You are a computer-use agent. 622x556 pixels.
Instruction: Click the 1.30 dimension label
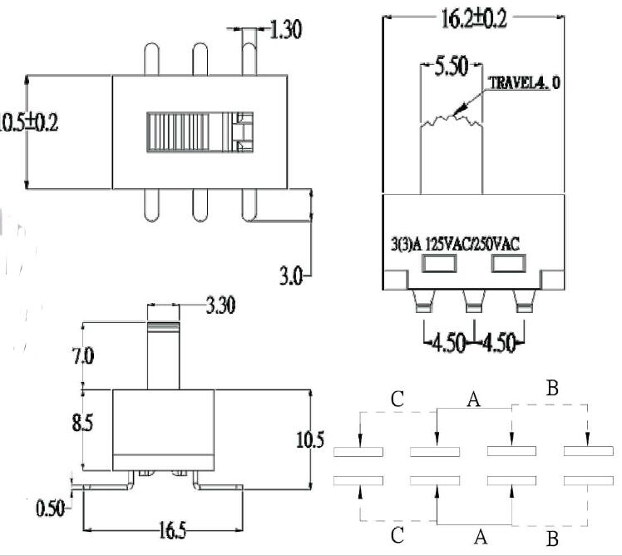285,31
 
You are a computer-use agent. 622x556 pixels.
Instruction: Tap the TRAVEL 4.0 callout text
524,83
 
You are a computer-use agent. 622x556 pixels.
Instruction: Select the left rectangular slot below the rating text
440,265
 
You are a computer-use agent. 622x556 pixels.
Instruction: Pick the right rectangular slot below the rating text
507,265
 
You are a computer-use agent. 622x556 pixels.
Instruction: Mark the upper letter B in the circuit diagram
551,387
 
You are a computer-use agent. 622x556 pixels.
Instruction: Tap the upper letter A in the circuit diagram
473,400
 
